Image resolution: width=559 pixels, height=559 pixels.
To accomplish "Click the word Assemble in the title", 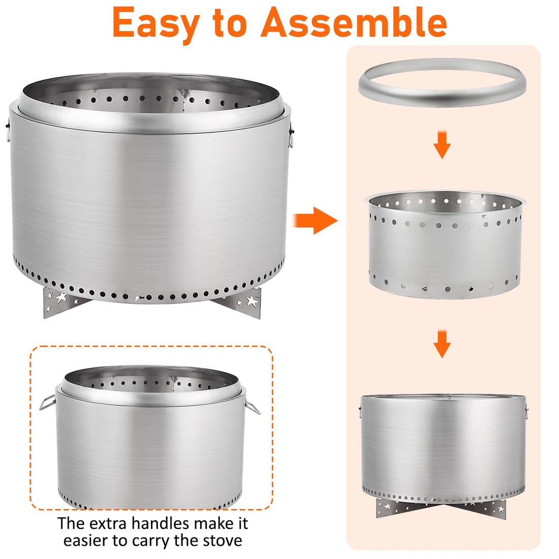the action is click(x=354, y=22).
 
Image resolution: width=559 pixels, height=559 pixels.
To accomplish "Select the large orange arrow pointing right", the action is click(x=315, y=221).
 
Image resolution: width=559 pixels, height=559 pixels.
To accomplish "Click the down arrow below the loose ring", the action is click(x=442, y=145).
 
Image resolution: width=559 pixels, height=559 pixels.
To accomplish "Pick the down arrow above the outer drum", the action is click(x=442, y=344).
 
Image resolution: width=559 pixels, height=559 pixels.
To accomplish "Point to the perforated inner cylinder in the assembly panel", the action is click(x=445, y=245).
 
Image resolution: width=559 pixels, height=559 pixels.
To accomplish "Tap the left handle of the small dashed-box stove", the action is click(x=47, y=402).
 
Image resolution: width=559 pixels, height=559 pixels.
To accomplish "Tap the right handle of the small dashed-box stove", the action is click(x=253, y=407).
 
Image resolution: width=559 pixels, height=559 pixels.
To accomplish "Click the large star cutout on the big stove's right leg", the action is click(x=252, y=301).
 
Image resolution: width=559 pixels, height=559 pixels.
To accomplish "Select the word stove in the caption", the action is click(x=223, y=541).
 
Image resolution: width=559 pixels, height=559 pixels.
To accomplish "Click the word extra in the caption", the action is click(x=108, y=524).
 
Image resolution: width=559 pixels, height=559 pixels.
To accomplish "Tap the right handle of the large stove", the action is click(x=291, y=134).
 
